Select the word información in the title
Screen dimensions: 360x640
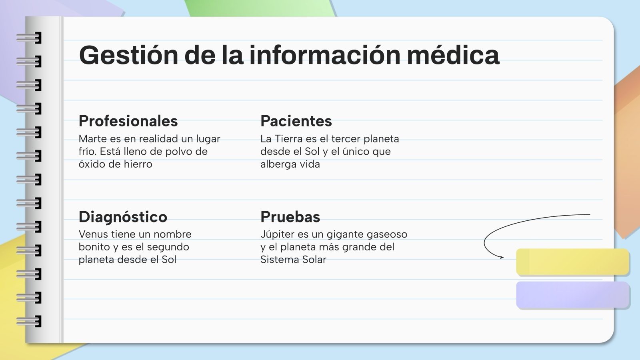tap(324, 55)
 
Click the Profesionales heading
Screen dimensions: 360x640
tap(128, 121)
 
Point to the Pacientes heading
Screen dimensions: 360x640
tap(296, 121)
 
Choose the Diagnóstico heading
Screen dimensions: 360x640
tap(123, 217)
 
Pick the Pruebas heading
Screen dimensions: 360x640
tap(290, 217)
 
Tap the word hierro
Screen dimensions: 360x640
tap(138, 164)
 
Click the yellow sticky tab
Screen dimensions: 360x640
tap(572, 262)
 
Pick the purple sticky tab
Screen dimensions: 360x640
tap(572, 295)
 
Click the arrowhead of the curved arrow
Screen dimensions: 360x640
tap(501, 257)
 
